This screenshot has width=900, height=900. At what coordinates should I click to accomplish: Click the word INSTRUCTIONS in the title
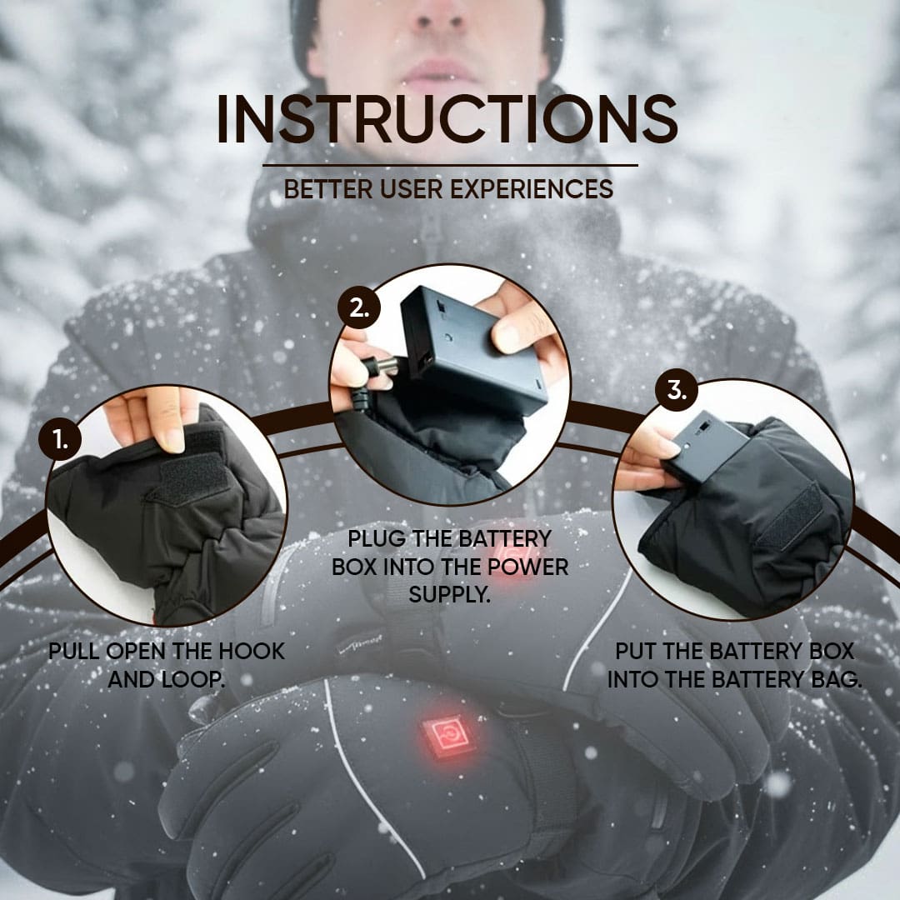click(447, 120)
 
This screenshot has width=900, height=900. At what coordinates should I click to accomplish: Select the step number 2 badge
click(359, 308)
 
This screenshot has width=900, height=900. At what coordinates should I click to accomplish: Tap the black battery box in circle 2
click(471, 350)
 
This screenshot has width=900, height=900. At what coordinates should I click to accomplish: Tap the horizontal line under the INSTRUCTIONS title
click(450, 165)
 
